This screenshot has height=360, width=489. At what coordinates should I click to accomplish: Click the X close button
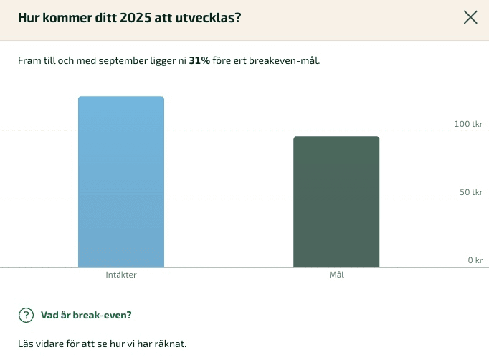point(470,18)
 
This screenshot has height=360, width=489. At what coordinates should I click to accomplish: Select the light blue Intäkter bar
point(121,182)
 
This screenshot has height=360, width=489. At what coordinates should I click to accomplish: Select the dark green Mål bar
point(336,202)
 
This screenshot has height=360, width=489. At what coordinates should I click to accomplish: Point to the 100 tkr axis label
point(468,124)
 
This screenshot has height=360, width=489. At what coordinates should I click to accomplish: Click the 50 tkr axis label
point(470,192)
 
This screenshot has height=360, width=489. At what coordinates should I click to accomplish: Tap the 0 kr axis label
point(475,260)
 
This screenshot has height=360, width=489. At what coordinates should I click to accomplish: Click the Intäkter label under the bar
point(121,275)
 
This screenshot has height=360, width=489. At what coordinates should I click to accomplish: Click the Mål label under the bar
point(336,275)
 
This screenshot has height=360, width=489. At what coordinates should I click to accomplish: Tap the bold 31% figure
point(199,61)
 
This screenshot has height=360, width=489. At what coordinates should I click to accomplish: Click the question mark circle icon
point(26,315)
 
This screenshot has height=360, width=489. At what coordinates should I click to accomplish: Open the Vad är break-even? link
point(86,315)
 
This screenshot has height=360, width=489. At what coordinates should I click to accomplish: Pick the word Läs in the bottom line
point(26,344)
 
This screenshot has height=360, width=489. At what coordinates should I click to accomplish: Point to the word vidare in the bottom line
point(51,344)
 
